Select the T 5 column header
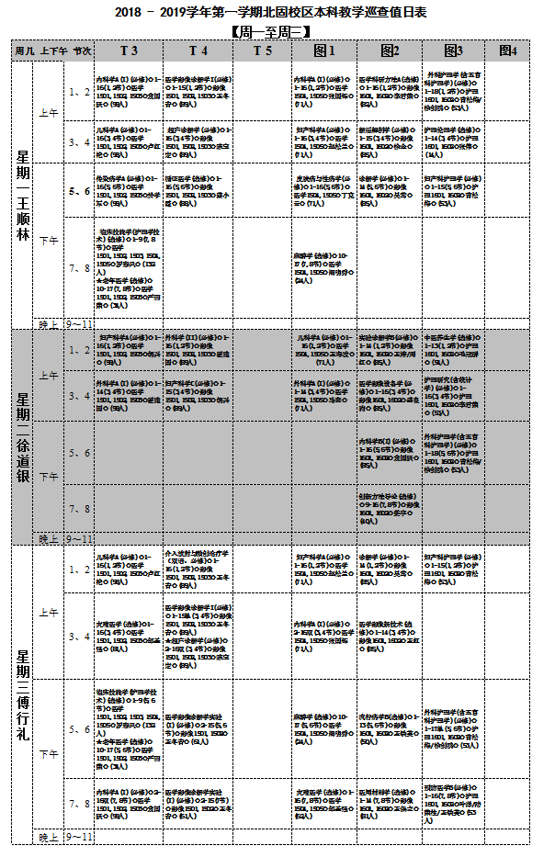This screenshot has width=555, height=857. coord(261,51)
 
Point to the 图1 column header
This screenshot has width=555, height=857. coord(324,51)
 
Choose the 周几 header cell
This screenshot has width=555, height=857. coord(23,51)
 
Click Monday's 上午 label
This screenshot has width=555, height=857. coord(49,112)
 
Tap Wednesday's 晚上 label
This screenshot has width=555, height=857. coord(49,837)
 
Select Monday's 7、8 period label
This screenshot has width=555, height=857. coord(80,267)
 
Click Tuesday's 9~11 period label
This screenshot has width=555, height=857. coord(80,538)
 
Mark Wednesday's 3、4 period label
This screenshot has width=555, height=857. coord(80,637)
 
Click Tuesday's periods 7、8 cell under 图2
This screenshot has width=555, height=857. coord(390,508)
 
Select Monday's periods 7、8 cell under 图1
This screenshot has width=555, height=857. coord(324,267)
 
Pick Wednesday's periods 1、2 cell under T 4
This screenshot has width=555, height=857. coord(196,569)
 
